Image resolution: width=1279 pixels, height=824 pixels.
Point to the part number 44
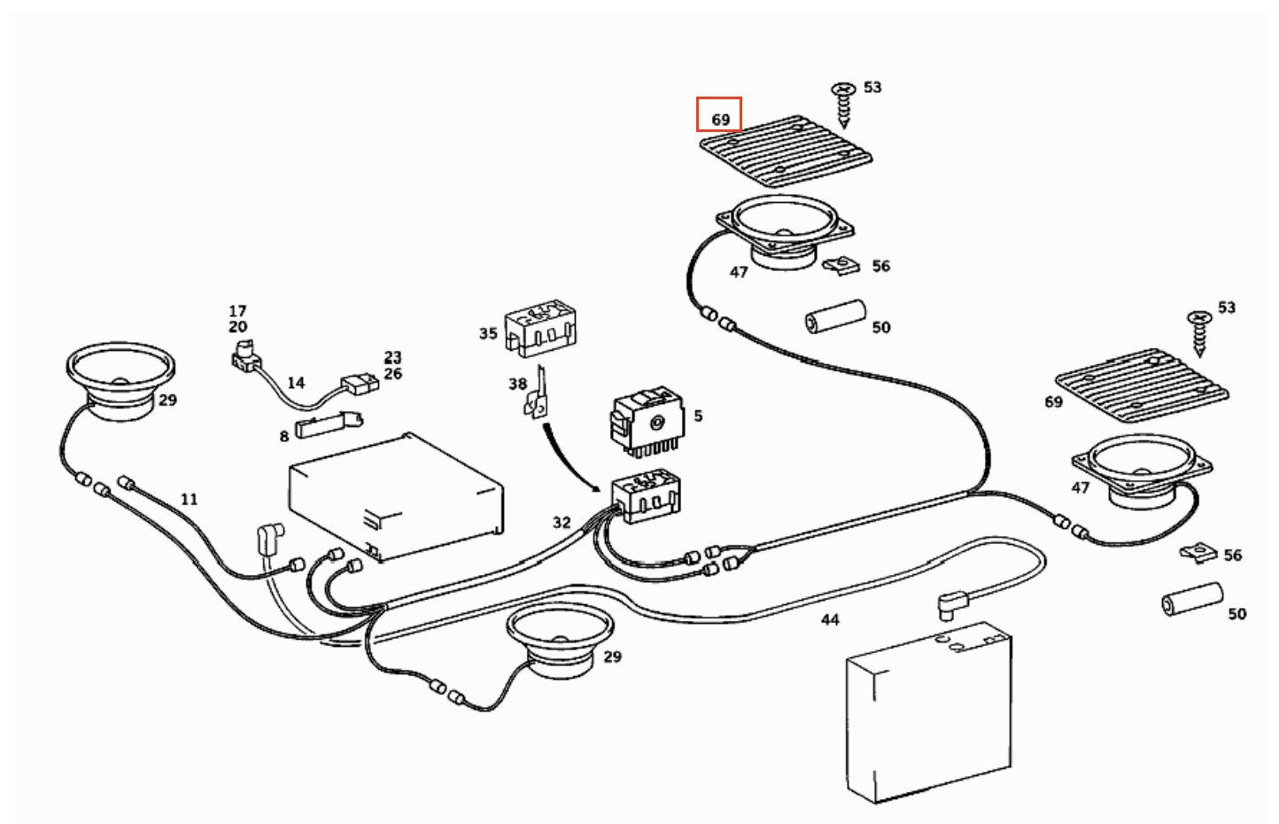pyautogui.click(x=830, y=619)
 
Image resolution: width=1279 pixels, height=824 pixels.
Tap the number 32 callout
pyautogui.click(x=562, y=522)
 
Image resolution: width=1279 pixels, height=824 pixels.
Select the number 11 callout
pyautogui.click(x=189, y=499)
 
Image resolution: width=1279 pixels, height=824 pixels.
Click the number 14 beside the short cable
pyautogui.click(x=296, y=383)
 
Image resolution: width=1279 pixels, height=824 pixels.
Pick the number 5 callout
pyautogui.click(x=698, y=416)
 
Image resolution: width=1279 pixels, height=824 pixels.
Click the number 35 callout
pyautogui.click(x=488, y=333)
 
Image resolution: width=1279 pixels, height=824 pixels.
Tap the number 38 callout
pyautogui.click(x=517, y=384)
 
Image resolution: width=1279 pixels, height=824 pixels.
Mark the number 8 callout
pyautogui.click(x=284, y=436)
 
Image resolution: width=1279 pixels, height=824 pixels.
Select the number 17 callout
pyautogui.click(x=237, y=311)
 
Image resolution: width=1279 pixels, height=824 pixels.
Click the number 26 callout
pyautogui.click(x=392, y=373)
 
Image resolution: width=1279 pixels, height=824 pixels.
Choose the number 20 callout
pyautogui.click(x=237, y=327)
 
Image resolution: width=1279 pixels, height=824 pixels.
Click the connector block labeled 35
pyautogui.click(x=540, y=327)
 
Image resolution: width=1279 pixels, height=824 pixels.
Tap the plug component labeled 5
pyautogui.click(x=647, y=422)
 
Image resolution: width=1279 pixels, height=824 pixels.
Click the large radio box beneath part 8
pyautogui.click(x=396, y=497)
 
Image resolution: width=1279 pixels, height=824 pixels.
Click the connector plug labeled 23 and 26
pyautogui.click(x=360, y=384)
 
